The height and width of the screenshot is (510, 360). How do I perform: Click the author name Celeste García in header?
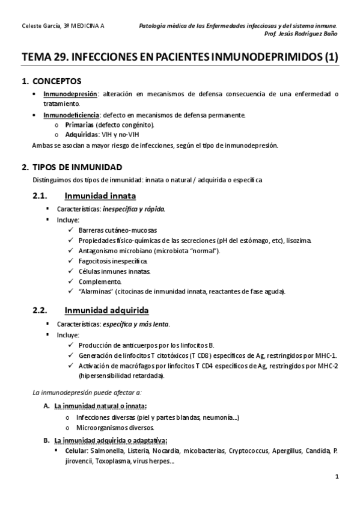point(38,26)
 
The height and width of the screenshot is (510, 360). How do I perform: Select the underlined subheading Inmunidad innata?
point(100,195)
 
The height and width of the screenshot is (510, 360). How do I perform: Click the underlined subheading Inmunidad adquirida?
point(106,310)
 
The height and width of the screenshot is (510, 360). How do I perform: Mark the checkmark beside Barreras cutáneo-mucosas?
point(72,230)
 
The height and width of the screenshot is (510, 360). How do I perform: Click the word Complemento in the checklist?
point(100,281)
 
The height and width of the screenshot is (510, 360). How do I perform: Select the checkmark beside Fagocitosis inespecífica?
point(72,261)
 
